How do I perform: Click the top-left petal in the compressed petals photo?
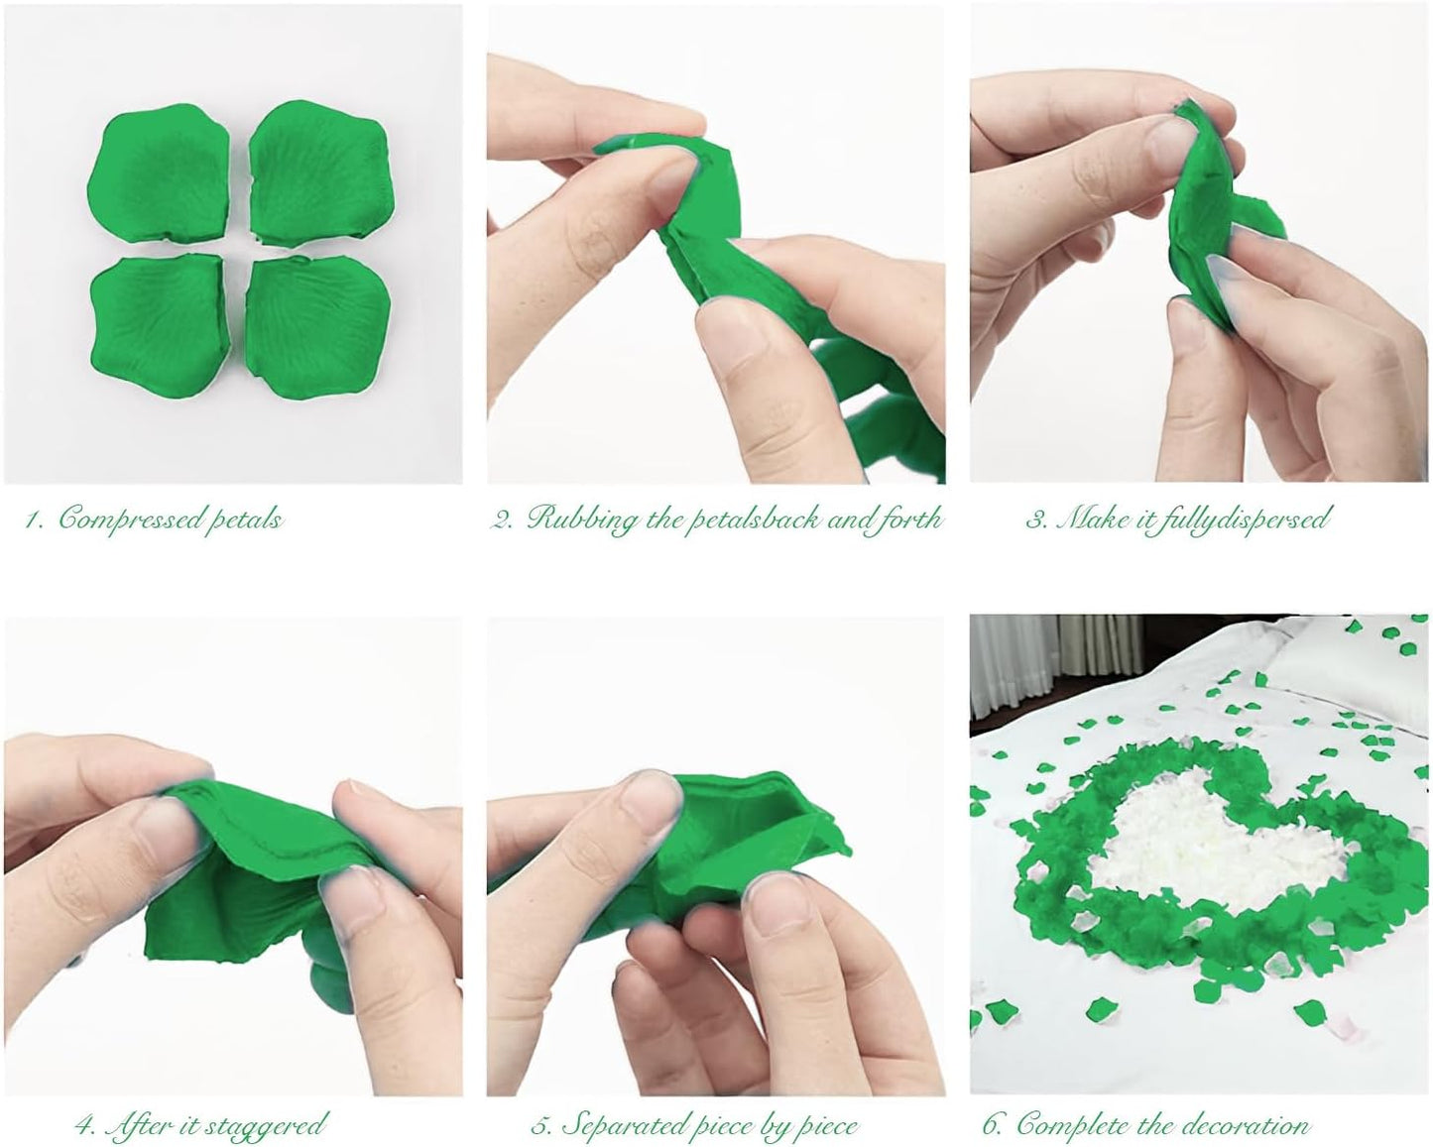tap(162, 175)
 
